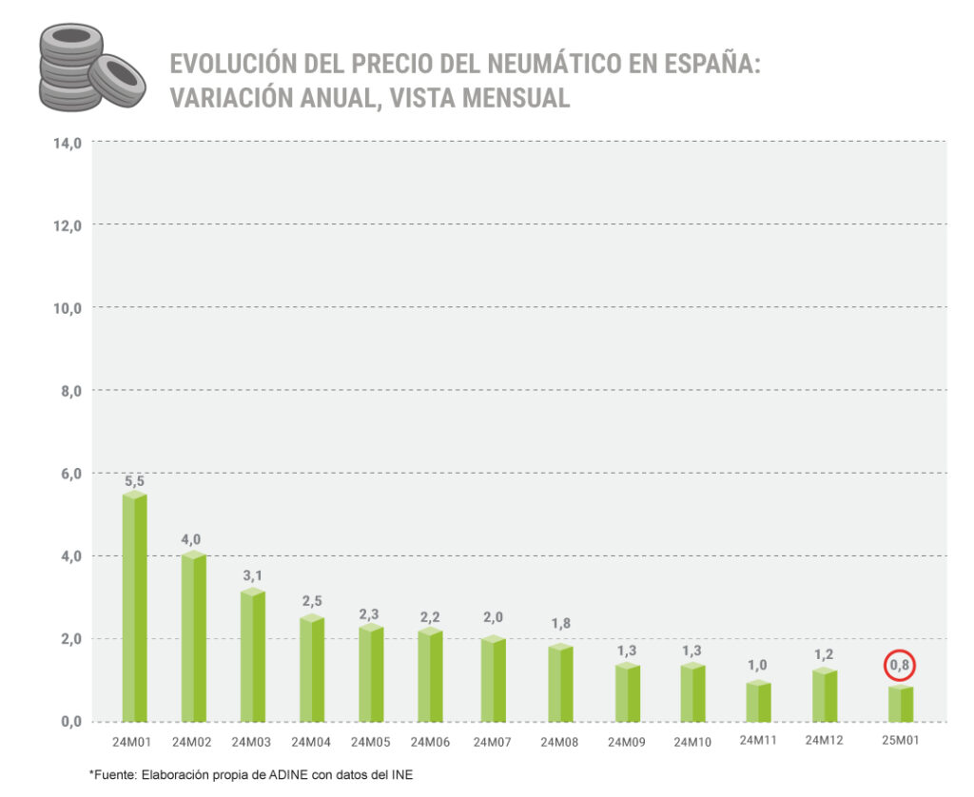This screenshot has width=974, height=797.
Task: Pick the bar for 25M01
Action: point(900,704)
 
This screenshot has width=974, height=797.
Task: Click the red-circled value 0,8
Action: point(899,665)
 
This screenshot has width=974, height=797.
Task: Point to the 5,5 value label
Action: point(134,481)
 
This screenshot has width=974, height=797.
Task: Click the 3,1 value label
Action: point(252,576)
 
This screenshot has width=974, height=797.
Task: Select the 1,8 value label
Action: point(560,624)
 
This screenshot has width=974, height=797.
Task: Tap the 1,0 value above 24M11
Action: point(758,666)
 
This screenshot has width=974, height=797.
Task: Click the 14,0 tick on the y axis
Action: point(66,143)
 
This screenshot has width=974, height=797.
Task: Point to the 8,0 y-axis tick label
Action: point(68,390)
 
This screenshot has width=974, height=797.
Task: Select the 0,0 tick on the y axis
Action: point(68,721)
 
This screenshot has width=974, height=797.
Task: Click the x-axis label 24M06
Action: point(430,742)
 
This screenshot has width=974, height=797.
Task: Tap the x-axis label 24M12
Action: point(824,741)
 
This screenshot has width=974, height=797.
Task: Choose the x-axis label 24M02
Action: point(193,742)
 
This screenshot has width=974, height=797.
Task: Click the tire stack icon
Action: point(90,68)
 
